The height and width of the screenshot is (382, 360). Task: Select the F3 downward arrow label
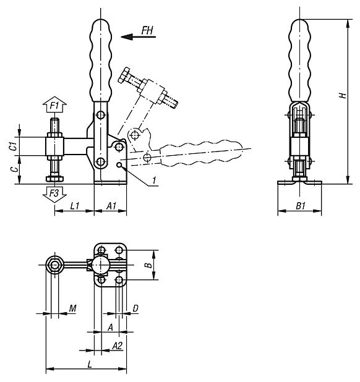pyautogui.click(x=54, y=193)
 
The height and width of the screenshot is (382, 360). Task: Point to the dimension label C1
pyautogui.click(x=12, y=146)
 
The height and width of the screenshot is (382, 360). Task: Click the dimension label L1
pyautogui.click(x=73, y=205)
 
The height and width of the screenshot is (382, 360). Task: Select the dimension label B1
pyautogui.click(x=300, y=205)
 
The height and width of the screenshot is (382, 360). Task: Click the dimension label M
pyautogui.click(x=72, y=307)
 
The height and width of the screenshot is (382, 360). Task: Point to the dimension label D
pyautogui.click(x=135, y=307)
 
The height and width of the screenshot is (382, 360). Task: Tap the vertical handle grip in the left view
pyautogui.click(x=101, y=59)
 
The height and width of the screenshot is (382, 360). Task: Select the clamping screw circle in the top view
pyautogui.click(x=56, y=266)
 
